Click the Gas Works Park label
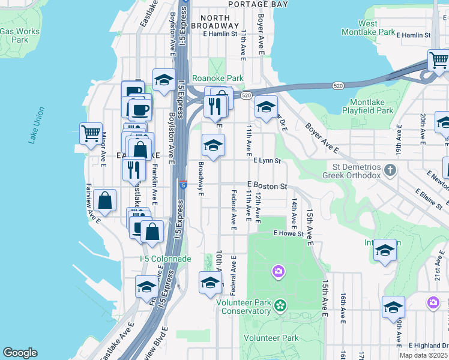pyautogui.click(x=20, y=35)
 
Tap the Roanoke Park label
pyautogui.click(x=218, y=78)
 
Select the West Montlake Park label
pyautogui.click(x=376, y=28)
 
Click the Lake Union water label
pyautogui.click(x=36, y=125)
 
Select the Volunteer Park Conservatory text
pyautogui.click(x=243, y=307)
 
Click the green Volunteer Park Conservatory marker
pyautogui.click(x=280, y=306)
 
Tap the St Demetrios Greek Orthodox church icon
pyautogui.click(x=390, y=170)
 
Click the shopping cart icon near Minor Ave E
pyautogui.click(x=91, y=132)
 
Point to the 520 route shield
pyautogui.click(x=246, y=95)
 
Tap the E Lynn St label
pyautogui.click(x=267, y=161)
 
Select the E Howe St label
pyautogui.click(x=289, y=233)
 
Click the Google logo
pyautogui.click(x=20, y=353)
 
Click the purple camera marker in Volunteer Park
pyautogui.click(x=277, y=272)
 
